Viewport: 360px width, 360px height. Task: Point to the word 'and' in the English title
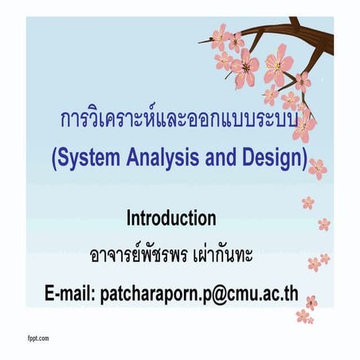pos(215,157)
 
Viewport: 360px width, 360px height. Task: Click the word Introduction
pos(171,217)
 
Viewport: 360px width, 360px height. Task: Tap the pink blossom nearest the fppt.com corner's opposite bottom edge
pos(303,316)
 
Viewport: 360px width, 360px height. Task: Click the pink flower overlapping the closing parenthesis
pos(318,166)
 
